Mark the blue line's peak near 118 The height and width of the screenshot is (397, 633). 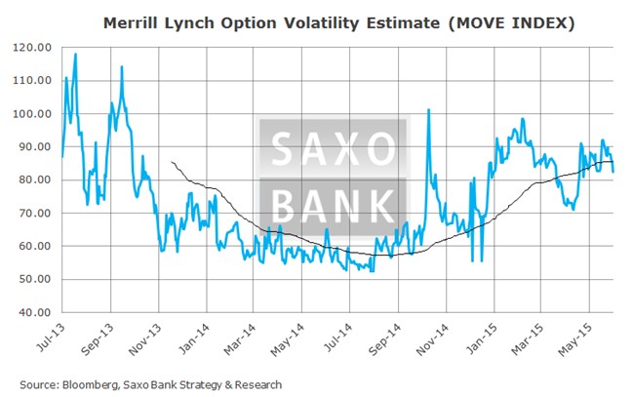pyautogui.click(x=75, y=55)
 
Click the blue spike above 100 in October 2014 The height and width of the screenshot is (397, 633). pyautogui.click(x=428, y=110)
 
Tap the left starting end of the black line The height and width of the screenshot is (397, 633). pyautogui.click(x=172, y=162)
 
